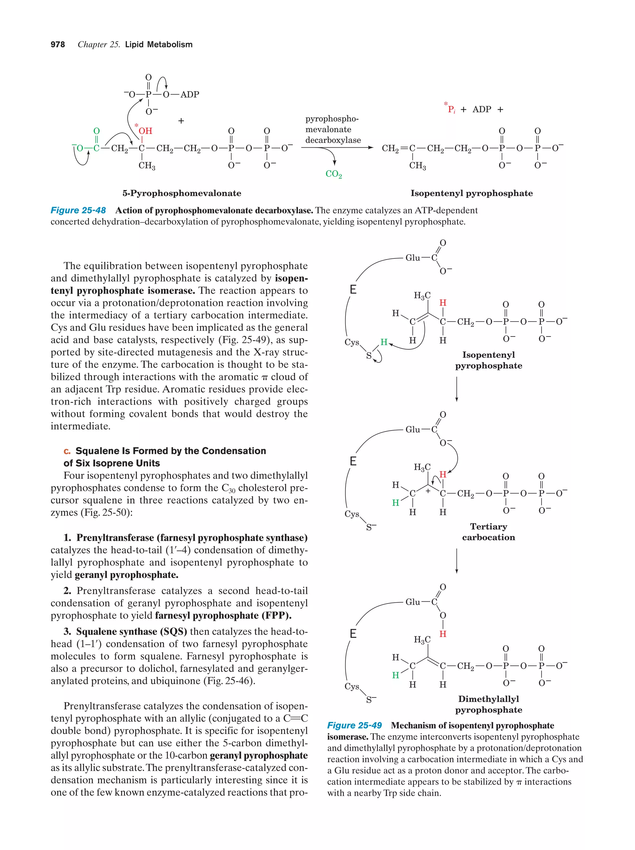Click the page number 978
coord(58,45)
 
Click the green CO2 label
coord(333,174)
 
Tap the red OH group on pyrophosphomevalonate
coord(145,131)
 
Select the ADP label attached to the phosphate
coord(190,95)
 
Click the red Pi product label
coord(451,109)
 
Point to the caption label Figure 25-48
coord(78,211)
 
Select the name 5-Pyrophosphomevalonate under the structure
coord(182,193)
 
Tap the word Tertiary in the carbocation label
coord(488,527)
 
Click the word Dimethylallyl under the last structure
coord(488,699)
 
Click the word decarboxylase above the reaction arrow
coord(333,140)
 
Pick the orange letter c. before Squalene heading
coord(67,451)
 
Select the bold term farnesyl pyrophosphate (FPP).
coord(223,616)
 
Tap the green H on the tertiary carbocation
coord(395,503)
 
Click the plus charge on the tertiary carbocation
coord(428,491)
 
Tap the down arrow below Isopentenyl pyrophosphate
coord(456,389)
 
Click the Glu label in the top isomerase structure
coord(413,258)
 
